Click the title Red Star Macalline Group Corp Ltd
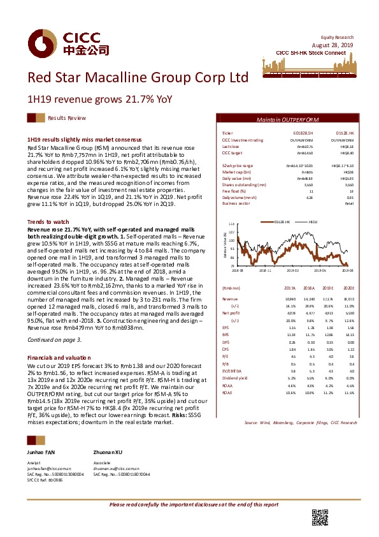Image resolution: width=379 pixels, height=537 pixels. click(137, 78)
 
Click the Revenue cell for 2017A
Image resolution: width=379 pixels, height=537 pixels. click(289, 298)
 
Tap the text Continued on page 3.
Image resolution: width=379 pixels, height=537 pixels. click(54, 339)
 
